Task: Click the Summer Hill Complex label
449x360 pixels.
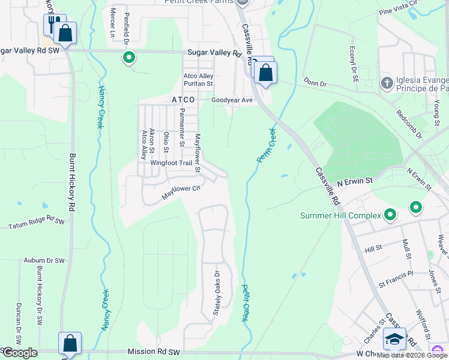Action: pos(341,215)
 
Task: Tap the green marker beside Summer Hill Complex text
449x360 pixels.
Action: pos(390,214)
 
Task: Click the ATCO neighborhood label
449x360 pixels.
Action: pos(184,99)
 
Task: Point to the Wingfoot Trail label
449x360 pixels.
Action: pos(170,163)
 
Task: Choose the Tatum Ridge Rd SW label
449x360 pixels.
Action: pos(36,223)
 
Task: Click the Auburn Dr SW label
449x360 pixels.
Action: pos(44,260)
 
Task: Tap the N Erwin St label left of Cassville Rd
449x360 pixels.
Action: pos(355,180)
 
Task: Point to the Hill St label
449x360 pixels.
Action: pos(373,248)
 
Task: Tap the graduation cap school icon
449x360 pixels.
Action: pos(394,339)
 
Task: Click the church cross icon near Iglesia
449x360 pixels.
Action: pos(387,82)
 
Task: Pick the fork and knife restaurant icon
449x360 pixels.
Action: pos(52,25)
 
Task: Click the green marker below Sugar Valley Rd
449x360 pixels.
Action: pos(128,58)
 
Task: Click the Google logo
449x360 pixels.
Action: pos(19,353)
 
